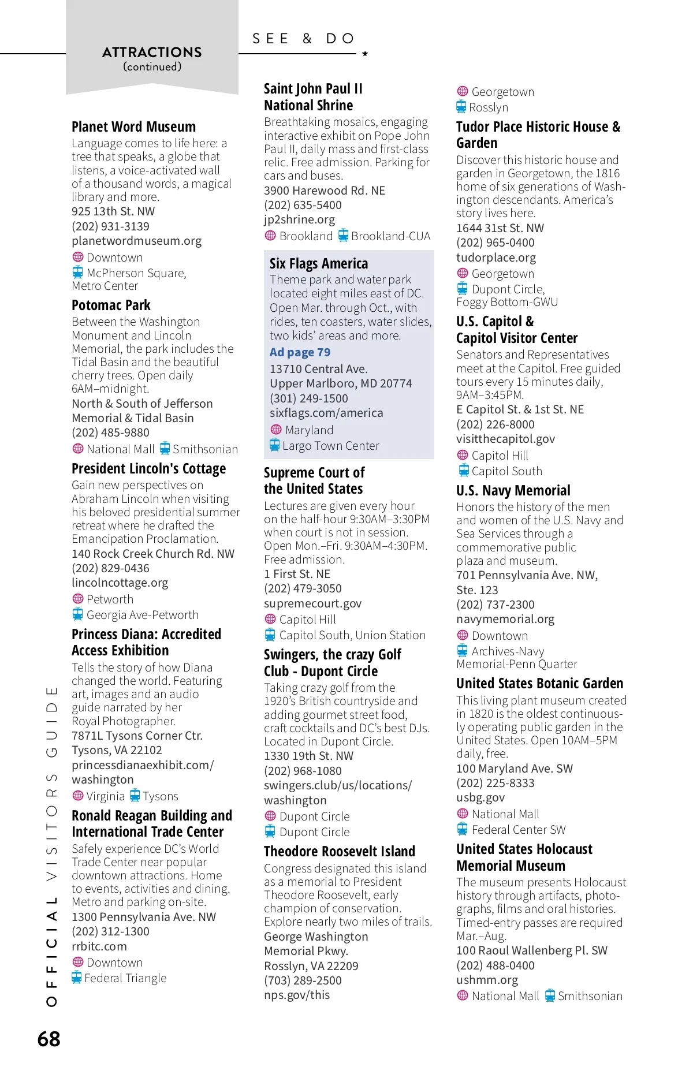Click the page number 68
[49, 1039]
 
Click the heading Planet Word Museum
[133, 127]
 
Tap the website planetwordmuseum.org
[136, 241]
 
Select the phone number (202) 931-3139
[110, 226]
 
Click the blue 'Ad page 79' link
[300, 352]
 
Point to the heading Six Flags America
[318, 264]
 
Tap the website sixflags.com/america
[326, 413]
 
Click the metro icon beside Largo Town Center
[275, 445]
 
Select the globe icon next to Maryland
[276, 430]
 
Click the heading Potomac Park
[111, 305]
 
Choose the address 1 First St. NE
[297, 574]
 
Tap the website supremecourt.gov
[312, 603]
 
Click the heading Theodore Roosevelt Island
[339, 852]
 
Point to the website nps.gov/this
[297, 995]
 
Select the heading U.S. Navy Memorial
[513, 491]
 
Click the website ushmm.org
[487, 980]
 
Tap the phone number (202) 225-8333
[495, 783]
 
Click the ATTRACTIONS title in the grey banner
[152, 53]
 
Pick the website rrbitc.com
[99, 946]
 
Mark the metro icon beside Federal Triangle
[77, 978]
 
